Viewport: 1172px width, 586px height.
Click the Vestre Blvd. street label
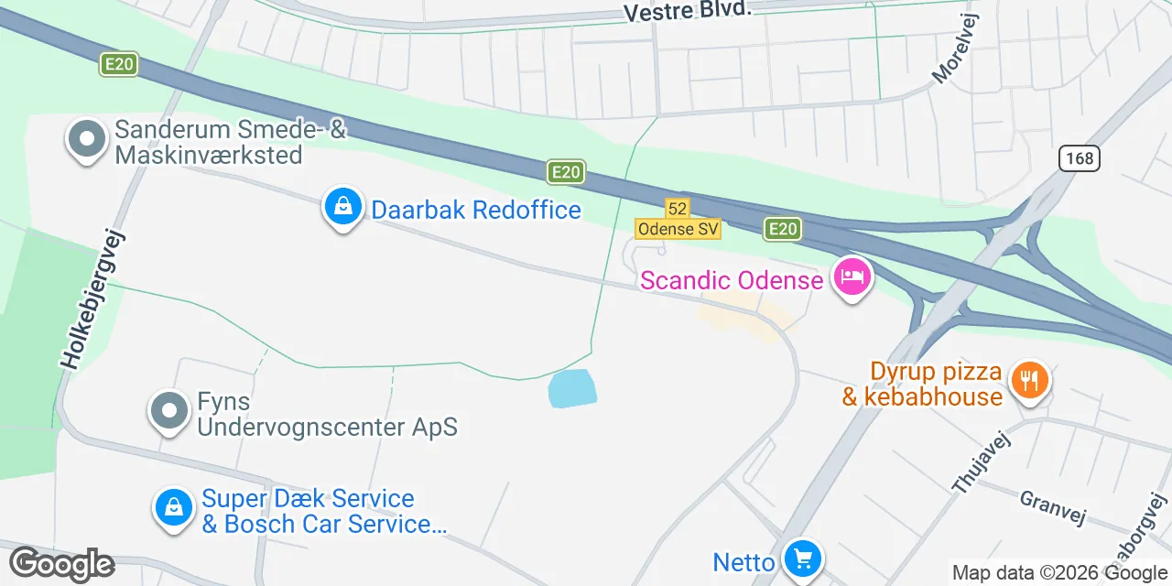pos(687,10)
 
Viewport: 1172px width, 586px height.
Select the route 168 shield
pos(1080,158)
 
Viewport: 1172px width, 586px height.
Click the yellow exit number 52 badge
pos(677,209)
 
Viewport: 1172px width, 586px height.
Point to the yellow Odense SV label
pos(678,229)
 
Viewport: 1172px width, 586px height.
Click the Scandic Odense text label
pos(731,279)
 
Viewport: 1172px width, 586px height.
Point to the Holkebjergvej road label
pos(92,298)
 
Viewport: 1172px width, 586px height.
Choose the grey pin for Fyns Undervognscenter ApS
pos(169,411)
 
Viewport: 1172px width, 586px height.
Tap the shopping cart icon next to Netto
pos(803,558)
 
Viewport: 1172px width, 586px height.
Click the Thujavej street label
pos(981,462)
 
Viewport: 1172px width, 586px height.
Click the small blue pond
pos(572,389)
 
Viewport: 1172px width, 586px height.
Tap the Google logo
pos(61,564)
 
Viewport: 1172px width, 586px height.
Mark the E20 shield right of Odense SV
pos(783,229)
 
